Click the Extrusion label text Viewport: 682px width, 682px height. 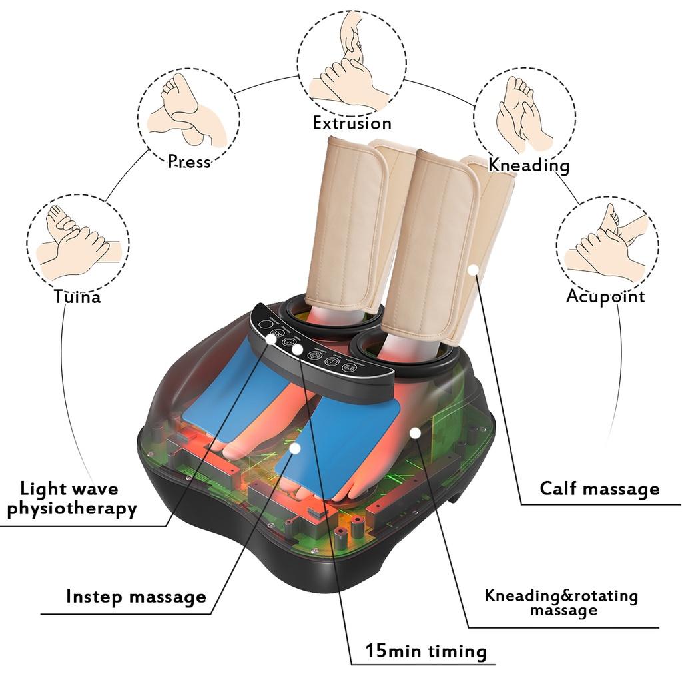[x=352, y=123]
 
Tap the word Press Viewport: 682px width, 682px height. [x=189, y=161]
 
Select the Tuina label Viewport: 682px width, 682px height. [x=78, y=296]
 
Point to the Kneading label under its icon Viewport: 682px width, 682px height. [x=529, y=165]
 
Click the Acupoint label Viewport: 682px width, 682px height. [x=605, y=296]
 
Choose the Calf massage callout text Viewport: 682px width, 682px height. [x=599, y=489]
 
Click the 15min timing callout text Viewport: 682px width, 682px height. [x=426, y=651]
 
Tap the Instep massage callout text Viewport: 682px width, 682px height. [x=136, y=597]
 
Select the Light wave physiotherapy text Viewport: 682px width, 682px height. [x=71, y=499]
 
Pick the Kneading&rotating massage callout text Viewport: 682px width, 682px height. [x=561, y=602]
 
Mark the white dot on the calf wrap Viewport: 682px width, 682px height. [x=473, y=270]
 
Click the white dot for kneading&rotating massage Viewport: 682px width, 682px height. [x=415, y=433]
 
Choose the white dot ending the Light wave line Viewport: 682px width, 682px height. [x=271, y=338]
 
